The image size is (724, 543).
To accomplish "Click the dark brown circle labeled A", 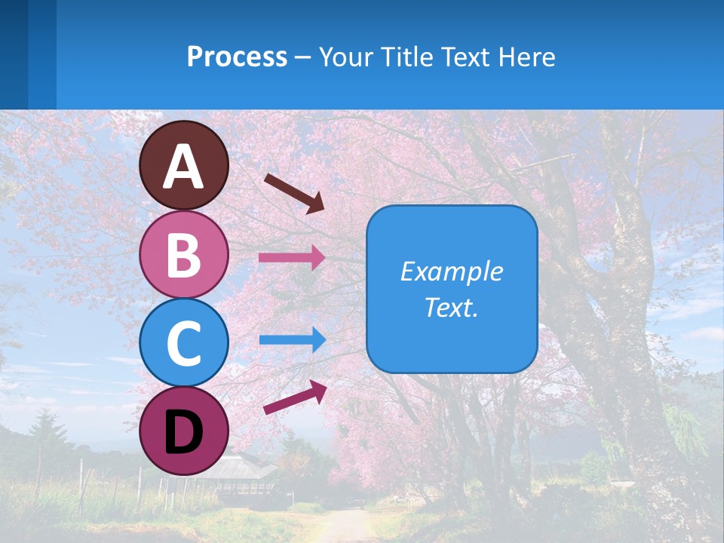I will (183, 165).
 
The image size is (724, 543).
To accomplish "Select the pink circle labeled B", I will (183, 254).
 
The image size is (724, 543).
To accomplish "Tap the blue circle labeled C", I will (183, 342).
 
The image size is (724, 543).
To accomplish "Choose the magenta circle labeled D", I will (183, 431).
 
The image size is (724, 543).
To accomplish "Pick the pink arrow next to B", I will (291, 258).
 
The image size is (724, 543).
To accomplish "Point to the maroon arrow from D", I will (295, 397).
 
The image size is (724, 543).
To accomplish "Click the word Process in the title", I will (237, 57).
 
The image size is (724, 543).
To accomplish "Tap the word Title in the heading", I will (404, 57).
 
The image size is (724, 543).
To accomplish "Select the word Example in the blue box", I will (451, 271).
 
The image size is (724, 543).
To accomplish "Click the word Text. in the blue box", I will (451, 307).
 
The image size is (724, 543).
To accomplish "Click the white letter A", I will (183, 167).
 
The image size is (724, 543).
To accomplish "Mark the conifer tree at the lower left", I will (47, 437).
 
